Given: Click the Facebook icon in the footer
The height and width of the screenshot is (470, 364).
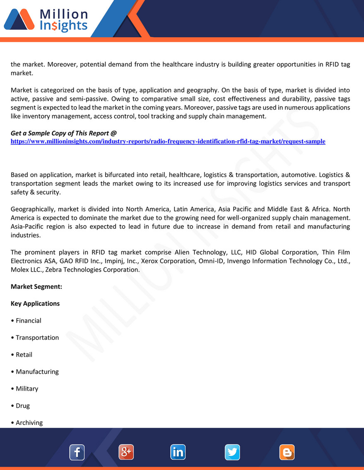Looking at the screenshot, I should point(77,452).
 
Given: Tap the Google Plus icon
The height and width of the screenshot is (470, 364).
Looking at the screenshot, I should point(126,452).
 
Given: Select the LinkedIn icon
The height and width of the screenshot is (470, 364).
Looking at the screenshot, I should point(178,452).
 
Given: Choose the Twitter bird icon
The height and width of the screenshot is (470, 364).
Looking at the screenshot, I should point(232,452).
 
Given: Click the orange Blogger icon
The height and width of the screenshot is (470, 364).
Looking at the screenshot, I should point(287,452).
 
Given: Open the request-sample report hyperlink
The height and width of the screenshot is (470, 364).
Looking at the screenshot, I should point(168,141).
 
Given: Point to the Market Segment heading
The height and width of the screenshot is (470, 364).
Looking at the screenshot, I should point(36,286).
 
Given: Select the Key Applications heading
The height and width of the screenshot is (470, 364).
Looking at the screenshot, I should point(35,303).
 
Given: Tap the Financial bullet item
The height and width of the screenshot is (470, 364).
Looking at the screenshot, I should point(28,320).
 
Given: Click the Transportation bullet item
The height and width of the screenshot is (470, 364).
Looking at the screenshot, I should point(37,337).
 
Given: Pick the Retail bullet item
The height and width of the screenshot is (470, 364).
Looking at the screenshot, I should point(24,355).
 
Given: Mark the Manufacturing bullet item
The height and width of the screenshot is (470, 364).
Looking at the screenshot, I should point(37,372).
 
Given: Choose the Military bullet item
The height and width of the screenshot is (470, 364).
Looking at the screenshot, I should point(27,389).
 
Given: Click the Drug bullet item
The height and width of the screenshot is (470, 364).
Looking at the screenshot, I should point(22,406).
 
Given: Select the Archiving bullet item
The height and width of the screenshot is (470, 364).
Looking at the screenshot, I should point(29,422).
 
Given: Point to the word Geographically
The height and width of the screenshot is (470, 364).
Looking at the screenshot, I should point(33,209).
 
